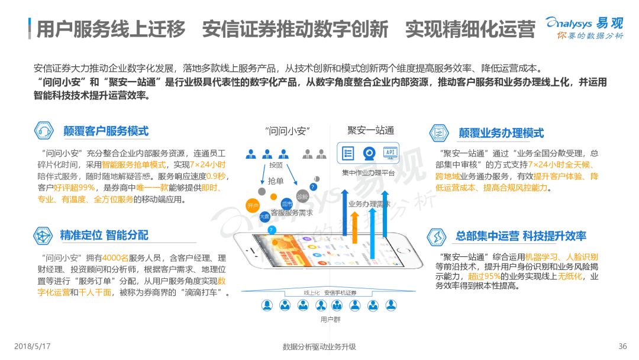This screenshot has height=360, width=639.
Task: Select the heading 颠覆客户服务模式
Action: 106,131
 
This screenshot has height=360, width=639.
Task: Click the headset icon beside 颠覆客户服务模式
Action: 44,131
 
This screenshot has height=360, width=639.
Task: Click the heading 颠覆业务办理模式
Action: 501,133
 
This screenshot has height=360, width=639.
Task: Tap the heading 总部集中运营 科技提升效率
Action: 521,236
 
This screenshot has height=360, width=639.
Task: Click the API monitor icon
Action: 390,152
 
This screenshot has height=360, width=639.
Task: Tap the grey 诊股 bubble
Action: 302,197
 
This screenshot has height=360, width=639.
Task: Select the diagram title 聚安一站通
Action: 371,130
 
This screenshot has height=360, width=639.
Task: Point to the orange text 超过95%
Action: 485,276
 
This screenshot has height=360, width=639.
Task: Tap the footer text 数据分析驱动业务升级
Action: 319,346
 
